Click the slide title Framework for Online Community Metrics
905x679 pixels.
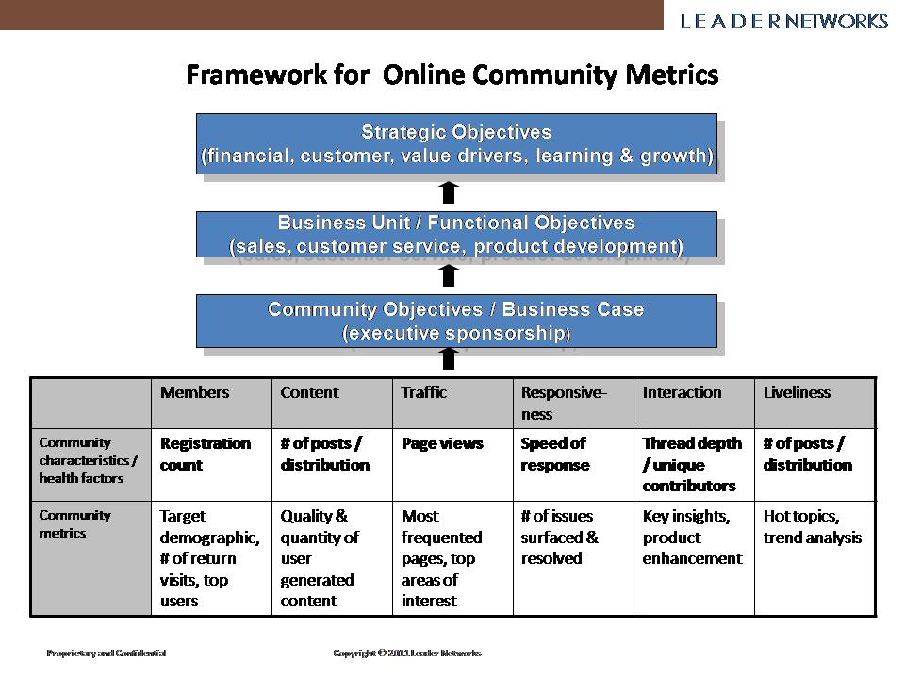tap(452, 75)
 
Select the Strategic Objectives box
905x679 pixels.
tap(456, 143)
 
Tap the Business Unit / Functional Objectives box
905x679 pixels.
tap(456, 235)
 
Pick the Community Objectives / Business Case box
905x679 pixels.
tap(456, 321)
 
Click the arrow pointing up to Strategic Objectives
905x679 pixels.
tap(449, 192)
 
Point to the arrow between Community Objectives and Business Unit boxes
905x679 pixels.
tap(449, 275)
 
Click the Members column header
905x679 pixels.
tap(194, 392)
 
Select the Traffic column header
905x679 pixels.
tap(424, 392)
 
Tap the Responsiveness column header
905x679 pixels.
tap(564, 403)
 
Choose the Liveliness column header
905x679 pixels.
tap(797, 392)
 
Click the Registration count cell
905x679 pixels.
tap(206, 454)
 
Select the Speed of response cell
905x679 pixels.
tap(553, 454)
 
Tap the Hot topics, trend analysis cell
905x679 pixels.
tap(812, 526)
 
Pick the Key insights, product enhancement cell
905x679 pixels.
tap(692, 537)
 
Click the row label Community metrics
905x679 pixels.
tap(74, 523)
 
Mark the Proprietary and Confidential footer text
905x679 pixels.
tap(107, 653)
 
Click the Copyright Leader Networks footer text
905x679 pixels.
tap(407, 653)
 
